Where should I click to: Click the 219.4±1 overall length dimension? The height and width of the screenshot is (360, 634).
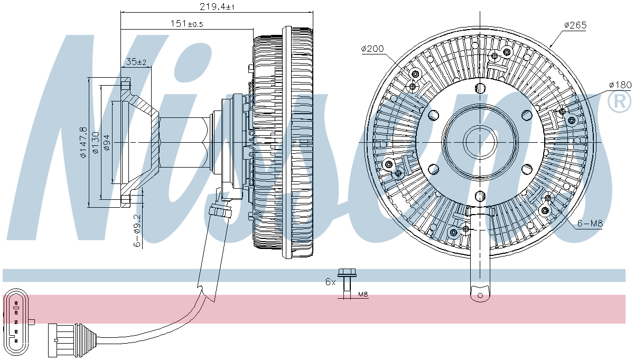pos(217,6)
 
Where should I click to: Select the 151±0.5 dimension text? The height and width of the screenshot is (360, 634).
pos(187,24)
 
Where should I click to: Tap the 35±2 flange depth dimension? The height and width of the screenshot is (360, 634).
pos(136,61)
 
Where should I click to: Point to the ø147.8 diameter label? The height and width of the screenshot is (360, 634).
pos(83,142)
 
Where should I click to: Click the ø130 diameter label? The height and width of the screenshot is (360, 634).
pos(96,143)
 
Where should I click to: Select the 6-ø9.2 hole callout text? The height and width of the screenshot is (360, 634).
pos(137,231)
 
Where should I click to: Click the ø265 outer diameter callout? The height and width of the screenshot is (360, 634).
pos(575,25)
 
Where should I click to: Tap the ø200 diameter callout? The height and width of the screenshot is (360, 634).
pos(372,49)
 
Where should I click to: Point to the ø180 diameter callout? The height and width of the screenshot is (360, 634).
pos(620,85)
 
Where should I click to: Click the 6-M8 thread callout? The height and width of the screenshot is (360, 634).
pos(590,224)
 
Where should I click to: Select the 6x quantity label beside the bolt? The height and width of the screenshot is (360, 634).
pos(330,282)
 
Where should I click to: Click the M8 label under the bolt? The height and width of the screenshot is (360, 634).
pos(363,294)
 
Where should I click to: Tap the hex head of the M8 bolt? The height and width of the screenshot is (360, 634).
pos(347,273)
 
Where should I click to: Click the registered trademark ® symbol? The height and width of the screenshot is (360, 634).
pos(619,101)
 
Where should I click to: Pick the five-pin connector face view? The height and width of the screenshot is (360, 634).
pos(16,322)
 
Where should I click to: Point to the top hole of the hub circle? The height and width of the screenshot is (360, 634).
pos(480,88)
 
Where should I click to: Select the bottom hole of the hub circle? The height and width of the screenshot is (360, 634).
pos(480,196)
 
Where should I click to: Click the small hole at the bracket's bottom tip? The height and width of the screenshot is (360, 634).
pos(480,296)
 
